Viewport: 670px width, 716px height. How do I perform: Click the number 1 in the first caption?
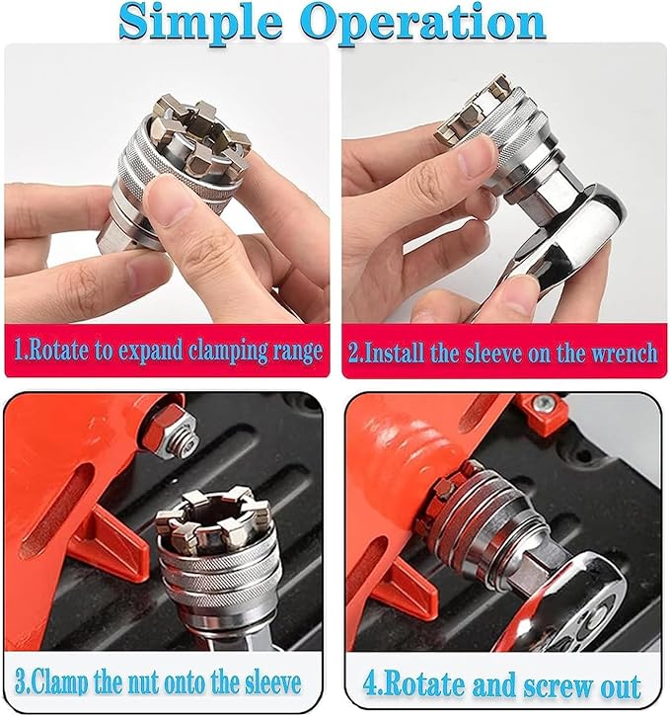click(x=18, y=353)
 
